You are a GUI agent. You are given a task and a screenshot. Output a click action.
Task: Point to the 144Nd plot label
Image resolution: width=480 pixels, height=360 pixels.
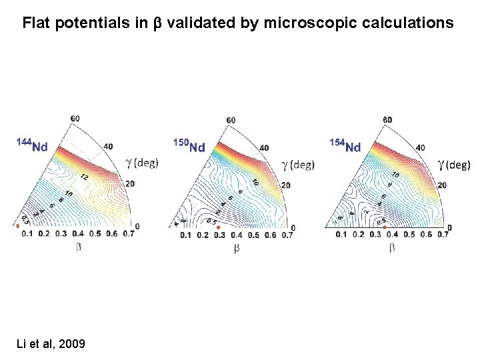32,145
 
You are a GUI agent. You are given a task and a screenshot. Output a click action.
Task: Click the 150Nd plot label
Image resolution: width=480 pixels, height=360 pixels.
189,146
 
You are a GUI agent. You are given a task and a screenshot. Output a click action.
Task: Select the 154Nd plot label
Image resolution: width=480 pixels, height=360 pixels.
345,146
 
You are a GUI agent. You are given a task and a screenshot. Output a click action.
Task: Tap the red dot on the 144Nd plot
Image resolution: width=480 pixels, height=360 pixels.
18,226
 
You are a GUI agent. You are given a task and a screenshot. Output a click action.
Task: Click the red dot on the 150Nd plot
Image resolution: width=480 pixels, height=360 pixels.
218,228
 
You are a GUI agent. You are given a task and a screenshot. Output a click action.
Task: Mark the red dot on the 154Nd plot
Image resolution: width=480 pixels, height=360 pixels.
385,227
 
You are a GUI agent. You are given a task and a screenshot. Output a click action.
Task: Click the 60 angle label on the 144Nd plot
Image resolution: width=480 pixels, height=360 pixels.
75,119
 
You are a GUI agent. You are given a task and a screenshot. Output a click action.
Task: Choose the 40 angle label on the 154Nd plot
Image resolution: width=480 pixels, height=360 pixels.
421,148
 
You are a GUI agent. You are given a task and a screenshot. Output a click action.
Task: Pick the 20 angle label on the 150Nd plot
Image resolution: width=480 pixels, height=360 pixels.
285,185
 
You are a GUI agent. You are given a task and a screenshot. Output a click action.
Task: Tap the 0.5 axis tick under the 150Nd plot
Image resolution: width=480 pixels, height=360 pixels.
253,235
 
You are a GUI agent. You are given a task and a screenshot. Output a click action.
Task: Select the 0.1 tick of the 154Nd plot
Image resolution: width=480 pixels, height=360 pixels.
341,234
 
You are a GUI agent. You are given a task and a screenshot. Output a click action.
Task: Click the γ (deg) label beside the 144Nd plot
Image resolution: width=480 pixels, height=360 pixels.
141,163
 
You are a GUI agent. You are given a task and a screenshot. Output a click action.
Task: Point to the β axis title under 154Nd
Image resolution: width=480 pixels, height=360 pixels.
391,247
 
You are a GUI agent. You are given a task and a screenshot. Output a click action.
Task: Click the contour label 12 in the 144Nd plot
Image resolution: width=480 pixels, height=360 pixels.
85,177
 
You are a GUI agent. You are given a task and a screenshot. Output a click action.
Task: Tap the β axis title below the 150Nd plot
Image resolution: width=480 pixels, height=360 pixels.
237,248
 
